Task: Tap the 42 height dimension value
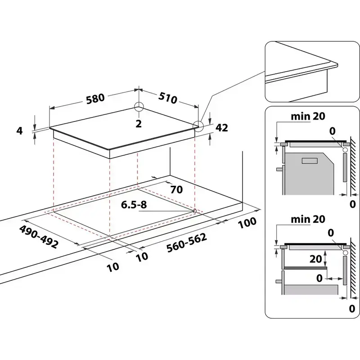tap(221, 128)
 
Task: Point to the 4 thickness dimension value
tap(19, 130)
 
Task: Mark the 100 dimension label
tap(247, 222)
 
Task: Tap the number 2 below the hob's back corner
tap(139, 123)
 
